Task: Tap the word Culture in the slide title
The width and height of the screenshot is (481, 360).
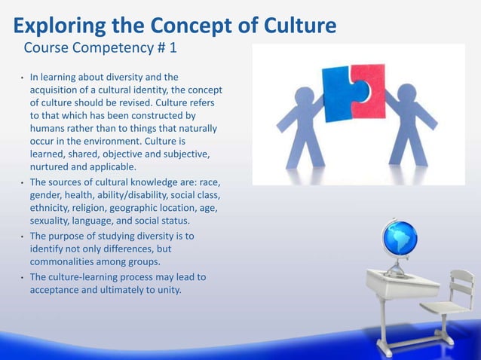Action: (293, 26)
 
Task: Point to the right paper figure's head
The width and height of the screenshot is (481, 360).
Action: (407, 95)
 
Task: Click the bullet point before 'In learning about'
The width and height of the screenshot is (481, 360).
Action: (23, 78)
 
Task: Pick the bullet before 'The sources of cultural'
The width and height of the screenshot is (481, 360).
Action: (23, 183)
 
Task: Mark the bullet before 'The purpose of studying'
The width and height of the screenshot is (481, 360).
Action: (23, 236)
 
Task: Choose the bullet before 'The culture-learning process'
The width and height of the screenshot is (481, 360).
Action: (23, 277)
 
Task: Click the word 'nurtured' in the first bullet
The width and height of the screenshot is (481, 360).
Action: (52, 167)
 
